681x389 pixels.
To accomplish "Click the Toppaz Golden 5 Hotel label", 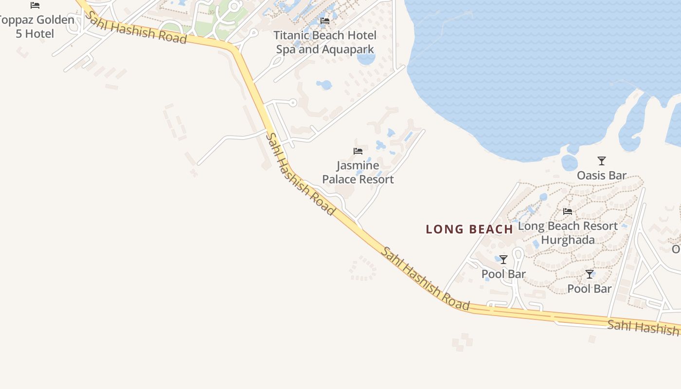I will (x=37, y=27).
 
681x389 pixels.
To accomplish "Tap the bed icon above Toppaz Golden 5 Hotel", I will (x=35, y=5).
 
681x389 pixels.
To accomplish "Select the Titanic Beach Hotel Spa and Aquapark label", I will (x=325, y=42).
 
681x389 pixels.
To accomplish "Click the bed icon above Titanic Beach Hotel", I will (x=325, y=21).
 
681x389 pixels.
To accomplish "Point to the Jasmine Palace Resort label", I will (x=358, y=172).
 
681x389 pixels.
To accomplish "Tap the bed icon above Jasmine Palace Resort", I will (x=358, y=151).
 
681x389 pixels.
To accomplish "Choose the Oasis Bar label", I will (x=602, y=175).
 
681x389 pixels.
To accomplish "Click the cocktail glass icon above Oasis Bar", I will (x=602, y=160).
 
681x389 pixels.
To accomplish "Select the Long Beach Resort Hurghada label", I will (x=568, y=233).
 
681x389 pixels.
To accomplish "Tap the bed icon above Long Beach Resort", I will (x=568, y=212).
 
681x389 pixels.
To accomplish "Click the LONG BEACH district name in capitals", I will (x=469, y=229).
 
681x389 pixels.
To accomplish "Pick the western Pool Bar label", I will (x=503, y=274).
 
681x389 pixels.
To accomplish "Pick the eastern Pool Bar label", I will (x=589, y=288).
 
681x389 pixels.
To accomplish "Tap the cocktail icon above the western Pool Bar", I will (x=503, y=260).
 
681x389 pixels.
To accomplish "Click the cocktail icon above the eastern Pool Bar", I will (x=590, y=274).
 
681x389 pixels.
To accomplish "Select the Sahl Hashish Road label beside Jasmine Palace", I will (x=300, y=174).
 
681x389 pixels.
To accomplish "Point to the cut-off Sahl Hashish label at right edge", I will (x=643, y=327).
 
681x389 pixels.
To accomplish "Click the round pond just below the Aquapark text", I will (x=366, y=59).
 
